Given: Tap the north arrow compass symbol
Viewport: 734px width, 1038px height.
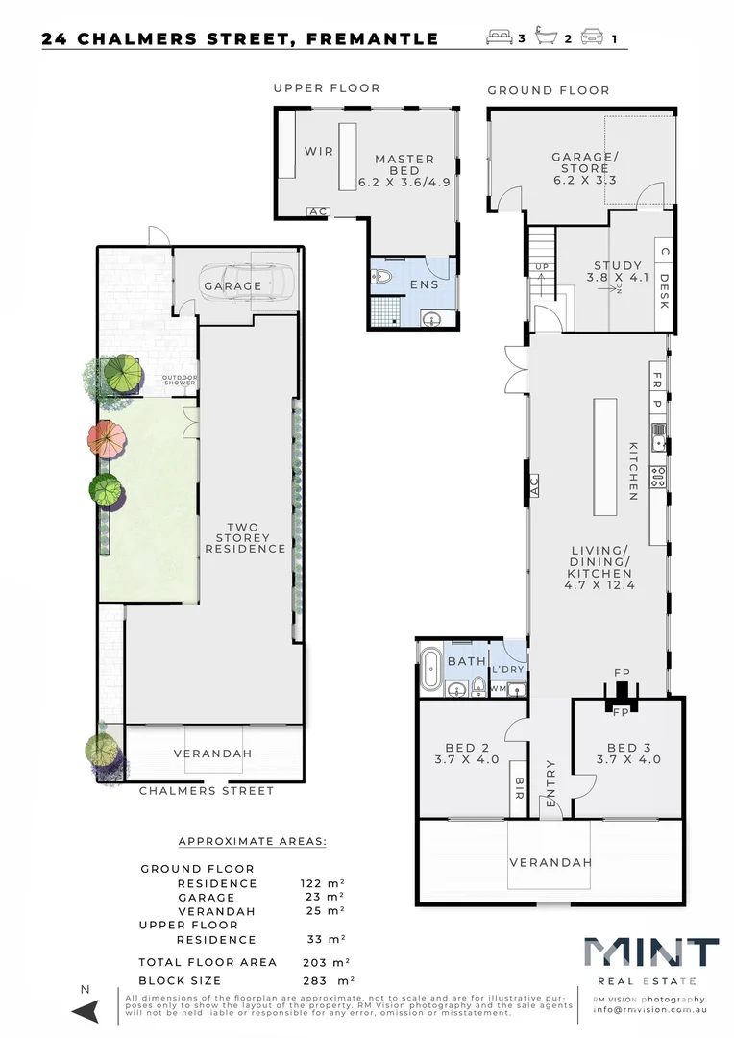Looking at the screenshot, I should pos(86,1009).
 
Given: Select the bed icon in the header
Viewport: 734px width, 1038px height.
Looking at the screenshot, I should pos(500,38).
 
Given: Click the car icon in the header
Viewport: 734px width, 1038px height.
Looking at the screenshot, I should pos(592,38).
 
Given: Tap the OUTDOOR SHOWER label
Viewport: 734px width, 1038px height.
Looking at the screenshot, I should pos(179,381).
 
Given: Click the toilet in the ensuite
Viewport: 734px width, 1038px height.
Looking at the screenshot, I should pos(382,279).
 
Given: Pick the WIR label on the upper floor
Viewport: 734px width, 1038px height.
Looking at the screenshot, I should pos(319,152).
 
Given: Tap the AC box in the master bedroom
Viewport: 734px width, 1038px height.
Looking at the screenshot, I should pos(316,211).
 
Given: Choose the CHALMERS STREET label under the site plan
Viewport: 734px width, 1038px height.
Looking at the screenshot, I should pos(207,791).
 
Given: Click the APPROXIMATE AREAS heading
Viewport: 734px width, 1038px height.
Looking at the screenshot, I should pos(253,841).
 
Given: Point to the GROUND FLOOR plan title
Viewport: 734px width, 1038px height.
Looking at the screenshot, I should pos(548,90).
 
